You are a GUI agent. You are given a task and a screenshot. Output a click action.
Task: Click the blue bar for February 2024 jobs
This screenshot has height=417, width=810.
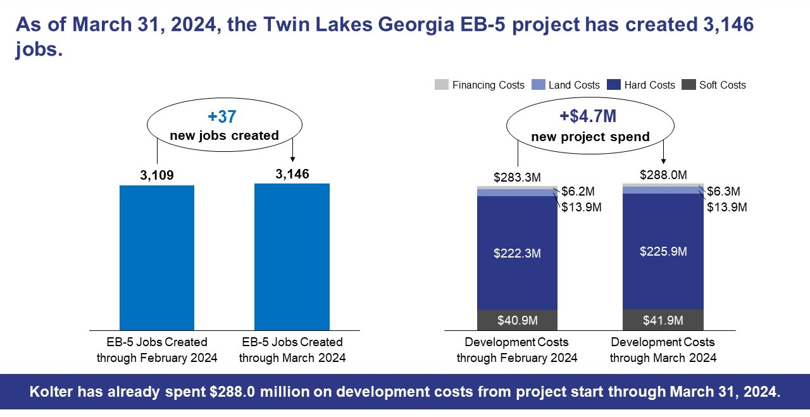tap(157, 258)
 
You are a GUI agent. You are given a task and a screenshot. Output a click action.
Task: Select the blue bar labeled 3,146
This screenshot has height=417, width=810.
tap(292, 257)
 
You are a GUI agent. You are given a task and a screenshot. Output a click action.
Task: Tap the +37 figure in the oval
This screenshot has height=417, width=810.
tap(222, 116)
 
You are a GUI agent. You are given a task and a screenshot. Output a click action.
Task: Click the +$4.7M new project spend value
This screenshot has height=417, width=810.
tap(588, 116)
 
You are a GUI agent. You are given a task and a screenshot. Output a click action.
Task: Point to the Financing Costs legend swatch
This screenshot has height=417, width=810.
tap(442, 85)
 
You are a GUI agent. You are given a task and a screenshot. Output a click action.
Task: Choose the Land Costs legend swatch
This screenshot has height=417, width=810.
tap(539, 85)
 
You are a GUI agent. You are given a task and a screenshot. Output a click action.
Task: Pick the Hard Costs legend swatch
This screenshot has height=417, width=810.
tap(614, 85)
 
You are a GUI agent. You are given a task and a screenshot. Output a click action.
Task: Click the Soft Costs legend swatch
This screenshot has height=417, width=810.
tap(688, 85)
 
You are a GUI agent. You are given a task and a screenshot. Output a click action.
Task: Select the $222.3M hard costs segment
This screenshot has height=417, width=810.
tap(517, 253)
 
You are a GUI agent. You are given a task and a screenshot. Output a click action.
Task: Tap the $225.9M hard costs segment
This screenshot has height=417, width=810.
tap(663, 252)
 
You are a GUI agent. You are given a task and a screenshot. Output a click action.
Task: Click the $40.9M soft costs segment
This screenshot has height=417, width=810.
tap(517, 320)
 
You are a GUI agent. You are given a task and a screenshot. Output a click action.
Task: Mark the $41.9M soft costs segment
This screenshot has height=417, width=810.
tap(663, 320)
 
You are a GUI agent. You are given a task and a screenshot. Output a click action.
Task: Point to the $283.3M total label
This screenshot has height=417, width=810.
tap(517, 177)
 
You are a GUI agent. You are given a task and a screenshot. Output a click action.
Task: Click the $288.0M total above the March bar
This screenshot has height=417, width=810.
tap(663, 175)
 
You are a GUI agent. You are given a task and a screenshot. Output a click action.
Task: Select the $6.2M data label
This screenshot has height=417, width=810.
tap(578, 191)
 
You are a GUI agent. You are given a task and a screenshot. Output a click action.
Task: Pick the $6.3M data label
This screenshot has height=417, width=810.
tap(723, 191)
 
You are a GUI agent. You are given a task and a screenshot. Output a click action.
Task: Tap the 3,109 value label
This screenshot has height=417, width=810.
tap(157, 175)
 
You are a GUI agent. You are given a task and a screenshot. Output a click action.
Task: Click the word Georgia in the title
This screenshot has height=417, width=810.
tap(416, 25)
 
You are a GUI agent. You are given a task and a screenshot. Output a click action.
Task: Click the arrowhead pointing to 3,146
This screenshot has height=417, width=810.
tap(292, 159)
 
